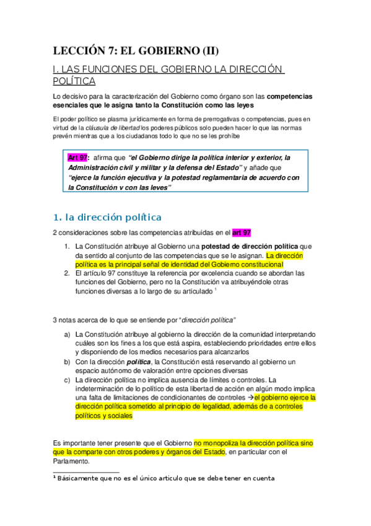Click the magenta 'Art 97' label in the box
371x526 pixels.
point(78,158)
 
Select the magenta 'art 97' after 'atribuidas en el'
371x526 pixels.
point(242,233)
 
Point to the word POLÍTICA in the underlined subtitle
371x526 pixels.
point(74,81)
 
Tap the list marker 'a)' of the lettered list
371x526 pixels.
point(67,335)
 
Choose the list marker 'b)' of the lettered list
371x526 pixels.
point(67,361)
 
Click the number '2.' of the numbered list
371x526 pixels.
point(67,273)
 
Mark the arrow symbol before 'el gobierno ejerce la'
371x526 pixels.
point(250,397)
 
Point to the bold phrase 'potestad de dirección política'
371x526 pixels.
point(241,246)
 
